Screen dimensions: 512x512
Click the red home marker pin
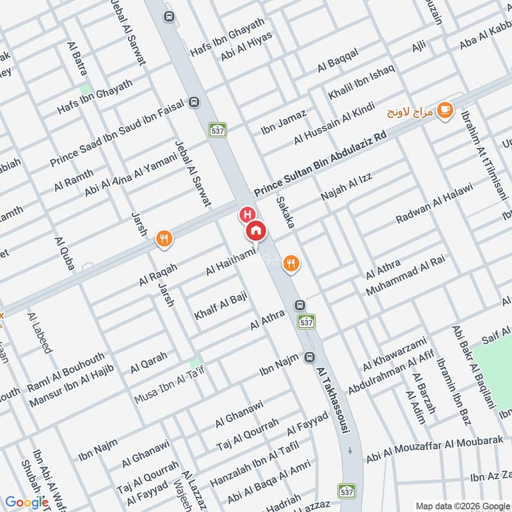point(255,230)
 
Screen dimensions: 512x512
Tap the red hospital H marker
point(246,213)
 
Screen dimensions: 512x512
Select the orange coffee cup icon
point(444,110)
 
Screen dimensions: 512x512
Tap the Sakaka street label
point(285,213)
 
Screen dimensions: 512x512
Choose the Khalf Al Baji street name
point(220,306)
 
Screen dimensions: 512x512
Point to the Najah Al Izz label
point(346,186)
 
